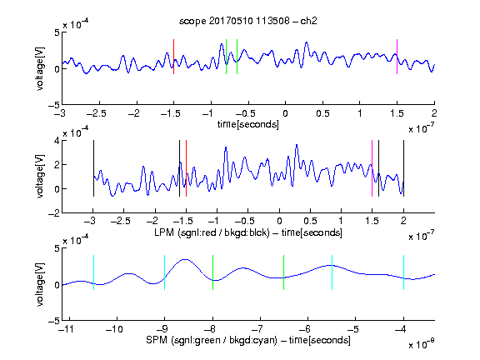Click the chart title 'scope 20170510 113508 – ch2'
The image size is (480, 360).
[x=248, y=21]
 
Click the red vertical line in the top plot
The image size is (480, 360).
[x=173, y=57]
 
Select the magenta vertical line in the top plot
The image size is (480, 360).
[x=397, y=57]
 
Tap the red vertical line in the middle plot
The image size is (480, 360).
[x=186, y=168]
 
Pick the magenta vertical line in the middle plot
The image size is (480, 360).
[x=372, y=168]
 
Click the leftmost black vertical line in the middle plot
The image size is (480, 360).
[x=93, y=168]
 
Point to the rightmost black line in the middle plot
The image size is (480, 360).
[x=403, y=168]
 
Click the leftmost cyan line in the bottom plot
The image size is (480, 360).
[x=93, y=272]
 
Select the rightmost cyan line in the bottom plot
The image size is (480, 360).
[x=403, y=272]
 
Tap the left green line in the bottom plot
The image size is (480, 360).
[x=212, y=272]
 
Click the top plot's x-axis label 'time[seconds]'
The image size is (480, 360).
[x=248, y=124]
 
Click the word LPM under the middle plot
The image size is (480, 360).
[x=164, y=232]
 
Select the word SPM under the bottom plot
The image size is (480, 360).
[x=157, y=340]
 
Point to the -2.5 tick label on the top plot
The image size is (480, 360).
[x=96, y=113]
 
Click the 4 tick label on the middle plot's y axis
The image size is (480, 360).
[x=57, y=141]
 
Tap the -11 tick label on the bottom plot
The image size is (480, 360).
[x=67, y=329]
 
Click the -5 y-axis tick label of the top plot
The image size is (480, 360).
[x=54, y=105]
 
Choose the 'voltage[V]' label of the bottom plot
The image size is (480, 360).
[x=40, y=284]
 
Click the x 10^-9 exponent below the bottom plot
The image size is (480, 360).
[x=421, y=344]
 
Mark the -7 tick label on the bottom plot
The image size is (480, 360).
[x=259, y=329]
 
